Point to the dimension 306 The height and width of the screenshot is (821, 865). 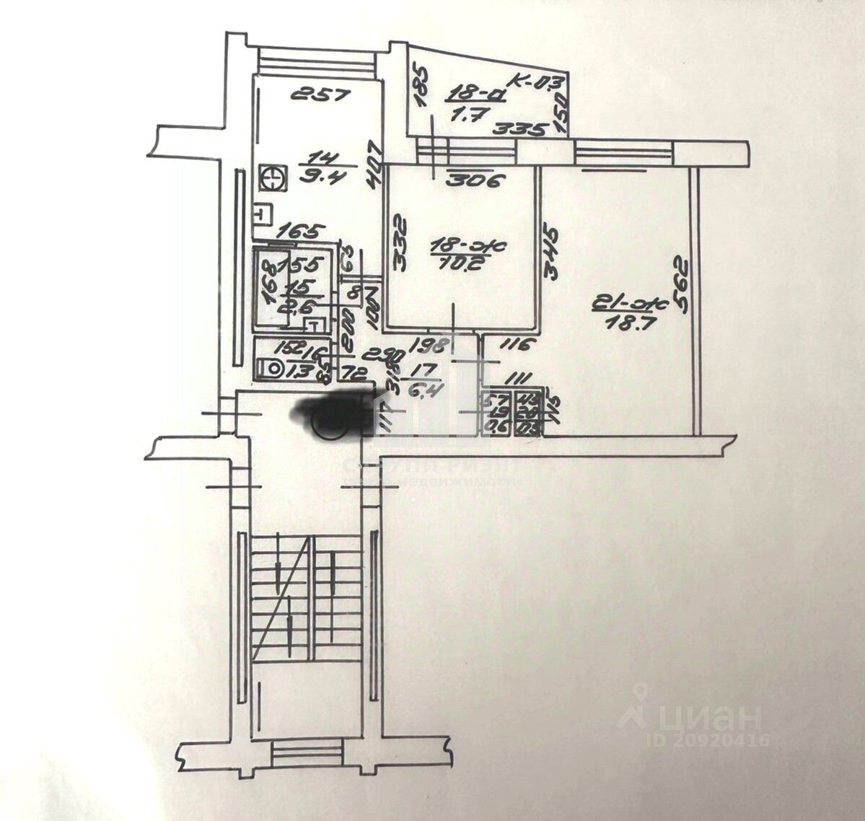(x=473, y=181)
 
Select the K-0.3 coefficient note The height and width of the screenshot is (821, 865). (x=540, y=80)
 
